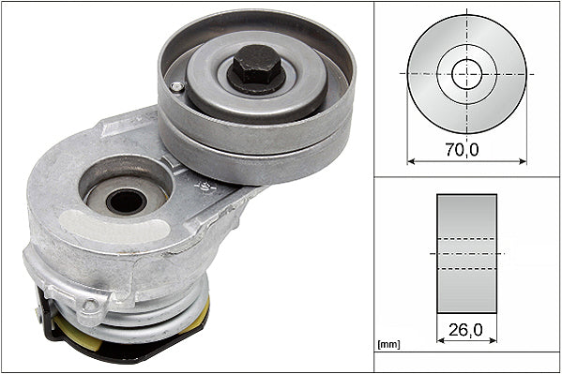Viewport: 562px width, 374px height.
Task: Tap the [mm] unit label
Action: pyautogui.click(x=388, y=345)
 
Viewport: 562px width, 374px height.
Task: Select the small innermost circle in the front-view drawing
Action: pyautogui.click(x=466, y=73)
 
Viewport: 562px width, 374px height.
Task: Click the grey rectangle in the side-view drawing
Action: pyautogui.click(x=466, y=253)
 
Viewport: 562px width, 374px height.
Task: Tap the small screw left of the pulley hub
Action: pyautogui.click(x=177, y=87)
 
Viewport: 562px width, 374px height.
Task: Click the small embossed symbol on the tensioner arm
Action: pyautogui.click(x=201, y=188)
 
